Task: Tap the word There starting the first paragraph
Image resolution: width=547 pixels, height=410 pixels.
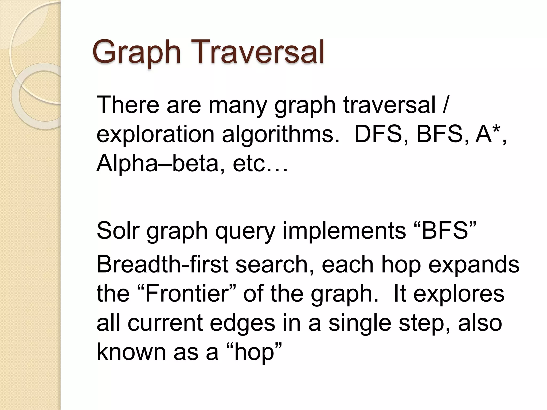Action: tap(128, 105)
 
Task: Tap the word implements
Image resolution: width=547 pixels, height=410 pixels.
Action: tap(344, 231)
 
